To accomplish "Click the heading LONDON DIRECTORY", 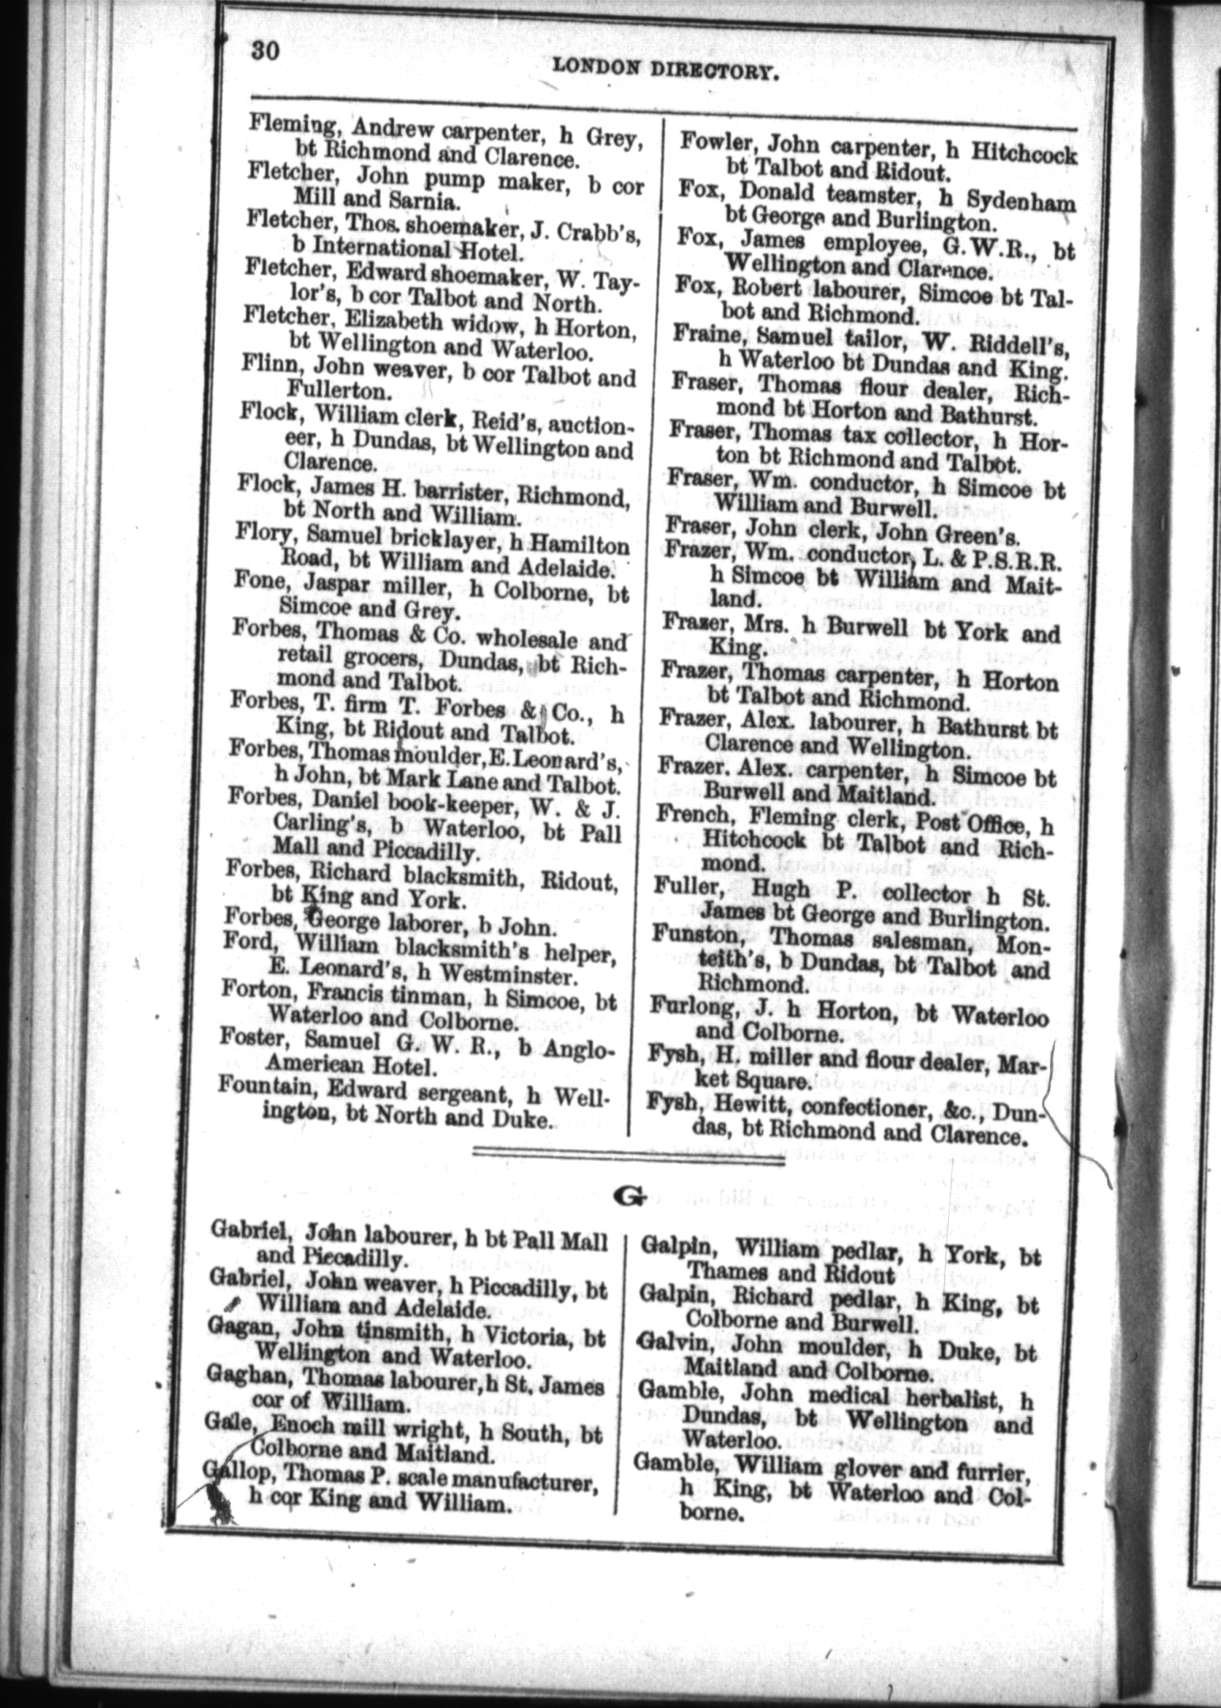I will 667,71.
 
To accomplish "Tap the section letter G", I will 629,1196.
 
